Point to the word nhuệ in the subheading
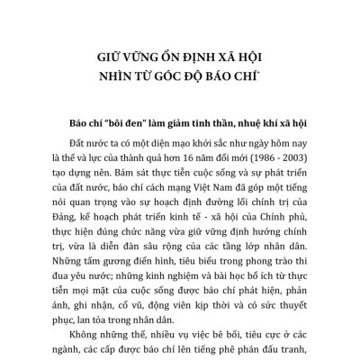coord(240,124)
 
